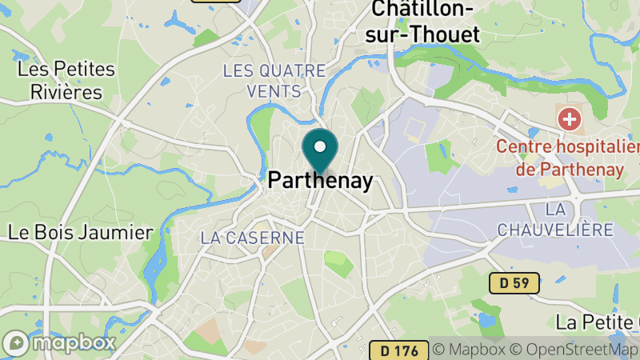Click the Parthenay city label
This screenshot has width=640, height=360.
tap(321, 182)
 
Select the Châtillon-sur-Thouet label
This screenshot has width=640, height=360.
tap(425, 22)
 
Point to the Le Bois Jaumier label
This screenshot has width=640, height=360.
tap(80, 233)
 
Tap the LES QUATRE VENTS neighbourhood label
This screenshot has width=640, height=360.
tap(274, 81)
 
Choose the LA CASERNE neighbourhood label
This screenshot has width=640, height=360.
tap(253, 238)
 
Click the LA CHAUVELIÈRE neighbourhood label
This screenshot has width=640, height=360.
tap(555, 219)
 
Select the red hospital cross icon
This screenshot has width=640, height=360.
tap(570, 121)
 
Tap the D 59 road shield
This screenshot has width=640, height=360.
tap(513, 282)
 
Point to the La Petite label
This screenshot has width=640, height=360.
tap(597, 323)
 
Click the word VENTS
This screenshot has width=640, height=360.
tap(274, 91)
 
